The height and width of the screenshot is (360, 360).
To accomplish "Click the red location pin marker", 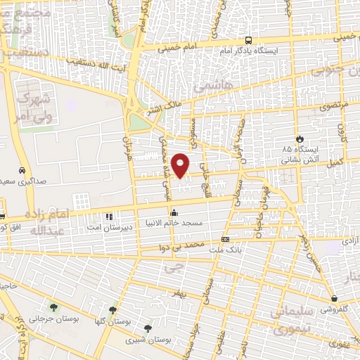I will click(181, 165).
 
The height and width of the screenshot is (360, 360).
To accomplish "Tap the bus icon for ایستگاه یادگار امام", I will click(248, 40).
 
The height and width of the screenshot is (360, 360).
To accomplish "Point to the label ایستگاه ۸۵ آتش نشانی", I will click(301, 155).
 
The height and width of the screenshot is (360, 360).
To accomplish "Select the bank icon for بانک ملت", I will click(224, 239).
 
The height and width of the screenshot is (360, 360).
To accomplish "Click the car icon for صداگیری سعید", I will click(22, 170).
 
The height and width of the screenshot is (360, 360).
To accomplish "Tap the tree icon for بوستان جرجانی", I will click(53, 307).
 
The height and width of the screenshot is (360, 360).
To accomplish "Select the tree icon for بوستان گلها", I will click(112, 309).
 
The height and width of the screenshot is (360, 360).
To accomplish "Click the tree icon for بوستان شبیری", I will click(148, 328).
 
